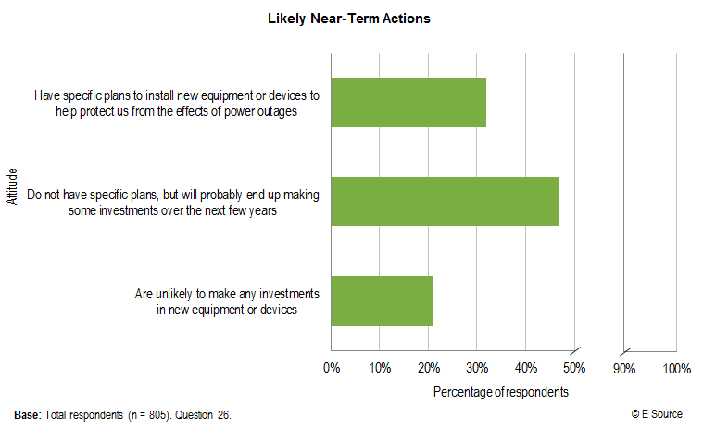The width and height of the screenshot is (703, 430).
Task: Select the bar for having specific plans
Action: [x=408, y=102]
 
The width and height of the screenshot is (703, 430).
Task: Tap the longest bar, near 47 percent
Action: [x=445, y=201]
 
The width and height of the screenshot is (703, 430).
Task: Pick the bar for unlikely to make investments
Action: [x=382, y=300]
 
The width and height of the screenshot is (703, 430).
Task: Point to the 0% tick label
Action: [x=331, y=369]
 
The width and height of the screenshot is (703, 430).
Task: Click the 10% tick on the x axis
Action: [x=380, y=369]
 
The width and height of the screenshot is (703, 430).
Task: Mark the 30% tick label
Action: [x=477, y=369]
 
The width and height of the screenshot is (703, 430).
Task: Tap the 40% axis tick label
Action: [x=525, y=369]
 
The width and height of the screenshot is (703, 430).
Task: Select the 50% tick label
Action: [x=574, y=369]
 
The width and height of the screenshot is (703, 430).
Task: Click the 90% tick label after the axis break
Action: [x=623, y=369]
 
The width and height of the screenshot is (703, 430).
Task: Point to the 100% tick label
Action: [x=677, y=369]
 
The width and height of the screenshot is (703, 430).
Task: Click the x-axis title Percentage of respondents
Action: [x=501, y=392]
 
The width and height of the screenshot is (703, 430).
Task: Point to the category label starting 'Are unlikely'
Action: [x=227, y=301]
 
